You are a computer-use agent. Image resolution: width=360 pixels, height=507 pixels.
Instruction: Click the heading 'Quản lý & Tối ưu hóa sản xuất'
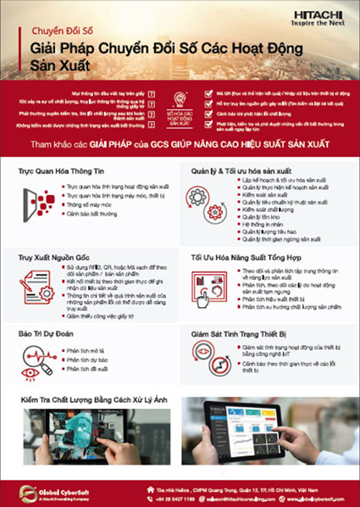point(246,170)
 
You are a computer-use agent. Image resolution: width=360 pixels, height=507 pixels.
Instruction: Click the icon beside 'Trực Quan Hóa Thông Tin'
point(36,201)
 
